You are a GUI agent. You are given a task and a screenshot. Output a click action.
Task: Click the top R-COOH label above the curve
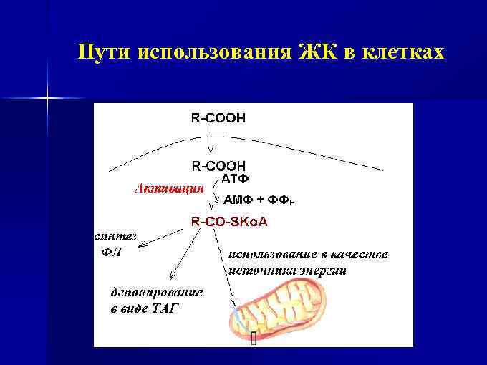tap(218, 118)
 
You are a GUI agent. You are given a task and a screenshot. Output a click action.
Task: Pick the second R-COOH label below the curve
tap(218, 165)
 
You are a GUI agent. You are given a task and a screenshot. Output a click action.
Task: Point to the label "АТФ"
tap(236, 178)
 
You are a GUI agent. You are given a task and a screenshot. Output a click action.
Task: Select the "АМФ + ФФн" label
tap(259, 201)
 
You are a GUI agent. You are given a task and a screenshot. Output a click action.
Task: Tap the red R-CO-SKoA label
tap(229, 222)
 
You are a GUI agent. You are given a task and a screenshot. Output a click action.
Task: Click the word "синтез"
tap(115, 237)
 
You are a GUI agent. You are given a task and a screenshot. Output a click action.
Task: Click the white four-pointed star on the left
tap(47, 95)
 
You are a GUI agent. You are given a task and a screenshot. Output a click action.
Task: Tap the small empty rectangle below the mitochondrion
tap(254, 338)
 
